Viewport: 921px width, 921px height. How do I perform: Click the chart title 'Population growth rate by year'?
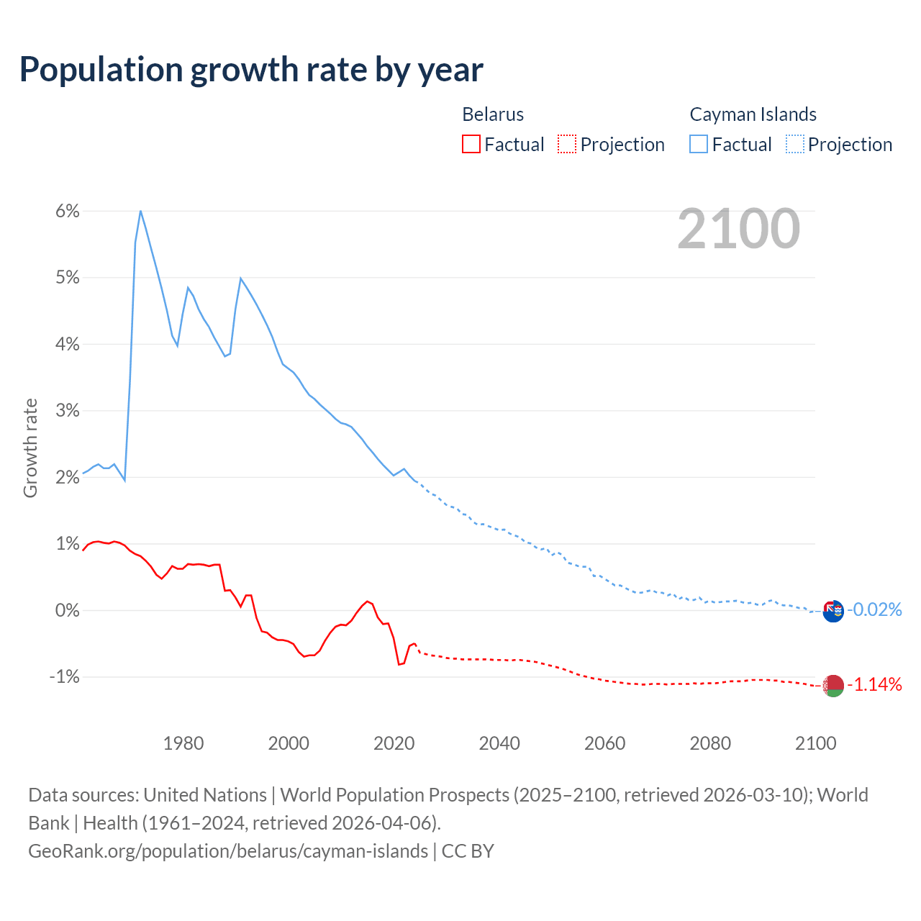pyautogui.click(x=251, y=70)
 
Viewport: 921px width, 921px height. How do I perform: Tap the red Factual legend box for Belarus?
pyautogui.click(x=471, y=144)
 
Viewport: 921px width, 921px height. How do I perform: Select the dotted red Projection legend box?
pyautogui.click(x=567, y=144)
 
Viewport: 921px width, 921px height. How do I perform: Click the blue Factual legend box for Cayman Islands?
pyautogui.click(x=699, y=144)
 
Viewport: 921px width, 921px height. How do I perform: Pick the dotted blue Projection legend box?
pyautogui.click(x=794, y=144)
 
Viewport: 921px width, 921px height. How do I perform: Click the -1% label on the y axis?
pyautogui.click(x=64, y=676)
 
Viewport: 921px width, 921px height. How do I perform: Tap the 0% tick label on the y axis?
pyautogui.click(x=67, y=610)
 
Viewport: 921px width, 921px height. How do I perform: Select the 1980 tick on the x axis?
pyautogui.click(x=183, y=743)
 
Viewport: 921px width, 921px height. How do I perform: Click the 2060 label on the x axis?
pyautogui.click(x=604, y=743)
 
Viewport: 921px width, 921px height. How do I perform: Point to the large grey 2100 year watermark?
pyautogui.click(x=738, y=229)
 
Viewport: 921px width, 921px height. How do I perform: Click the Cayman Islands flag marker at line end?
pyautogui.click(x=832, y=611)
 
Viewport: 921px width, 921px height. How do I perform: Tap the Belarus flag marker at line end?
pyautogui.click(x=832, y=686)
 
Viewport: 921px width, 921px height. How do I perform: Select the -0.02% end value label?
pyautogui.click(x=874, y=610)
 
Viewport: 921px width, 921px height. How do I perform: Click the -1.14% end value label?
pyautogui.click(x=874, y=684)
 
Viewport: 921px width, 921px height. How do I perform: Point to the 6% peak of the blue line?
pyautogui.click(x=140, y=211)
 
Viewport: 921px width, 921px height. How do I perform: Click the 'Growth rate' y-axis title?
pyautogui.click(x=30, y=448)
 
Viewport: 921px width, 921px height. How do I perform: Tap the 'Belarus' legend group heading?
pyautogui.click(x=493, y=114)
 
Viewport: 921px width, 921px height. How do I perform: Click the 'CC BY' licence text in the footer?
pyautogui.click(x=468, y=851)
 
